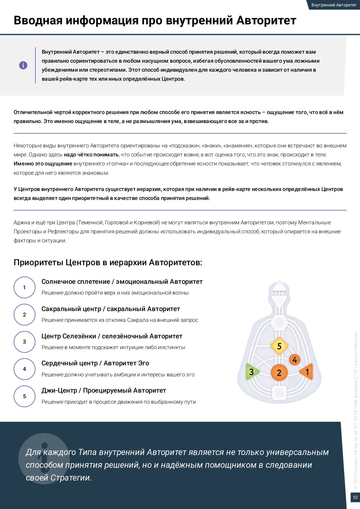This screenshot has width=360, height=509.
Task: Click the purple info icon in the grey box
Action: [23, 65]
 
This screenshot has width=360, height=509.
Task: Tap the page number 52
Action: [355, 497]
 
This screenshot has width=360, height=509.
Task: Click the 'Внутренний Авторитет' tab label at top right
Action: [334, 5]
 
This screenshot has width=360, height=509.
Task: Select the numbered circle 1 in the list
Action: [25, 287]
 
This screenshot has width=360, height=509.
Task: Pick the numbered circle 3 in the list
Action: [25, 342]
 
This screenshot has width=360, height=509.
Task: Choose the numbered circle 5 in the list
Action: [25, 396]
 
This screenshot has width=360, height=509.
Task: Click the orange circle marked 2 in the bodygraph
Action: [279, 373]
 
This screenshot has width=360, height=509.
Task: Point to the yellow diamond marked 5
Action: [279, 346]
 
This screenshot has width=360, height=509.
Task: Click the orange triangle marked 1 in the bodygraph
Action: [307, 372]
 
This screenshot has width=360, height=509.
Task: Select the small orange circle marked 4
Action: [295, 360]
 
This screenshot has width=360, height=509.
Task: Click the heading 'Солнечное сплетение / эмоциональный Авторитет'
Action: [122, 281]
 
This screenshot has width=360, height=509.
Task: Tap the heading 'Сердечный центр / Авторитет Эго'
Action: [95, 363]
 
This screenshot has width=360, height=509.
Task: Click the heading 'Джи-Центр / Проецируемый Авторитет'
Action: [104, 390]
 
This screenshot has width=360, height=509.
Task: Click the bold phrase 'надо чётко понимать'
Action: [91, 155]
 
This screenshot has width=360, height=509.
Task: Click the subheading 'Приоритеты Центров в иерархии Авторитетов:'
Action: [108, 262]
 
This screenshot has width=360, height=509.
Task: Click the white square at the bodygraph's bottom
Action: [279, 392]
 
